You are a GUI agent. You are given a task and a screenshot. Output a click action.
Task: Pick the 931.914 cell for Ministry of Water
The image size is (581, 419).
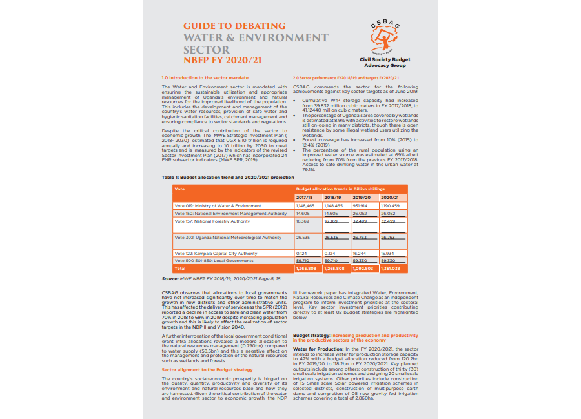pyautogui.click(x=363, y=205)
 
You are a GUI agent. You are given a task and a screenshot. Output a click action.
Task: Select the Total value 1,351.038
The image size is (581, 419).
pyautogui.click(x=392, y=267)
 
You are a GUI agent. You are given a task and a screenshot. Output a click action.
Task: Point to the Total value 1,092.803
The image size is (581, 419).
pyautogui.click(x=363, y=267)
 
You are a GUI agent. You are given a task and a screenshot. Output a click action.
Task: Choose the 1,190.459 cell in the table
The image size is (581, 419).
pyautogui.click(x=391, y=205)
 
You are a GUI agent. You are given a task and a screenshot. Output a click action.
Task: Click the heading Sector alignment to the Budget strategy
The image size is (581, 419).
pyautogui.click(x=207, y=369)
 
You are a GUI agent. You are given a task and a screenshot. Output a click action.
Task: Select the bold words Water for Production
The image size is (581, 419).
pyautogui.click(x=314, y=348)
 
